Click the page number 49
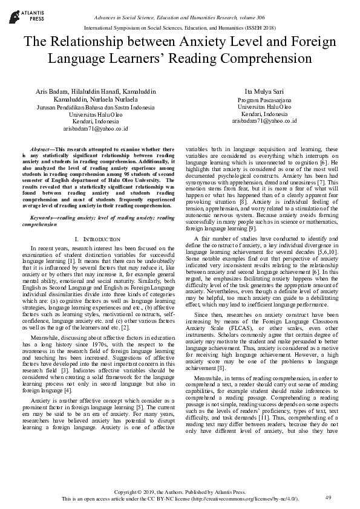329,497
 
